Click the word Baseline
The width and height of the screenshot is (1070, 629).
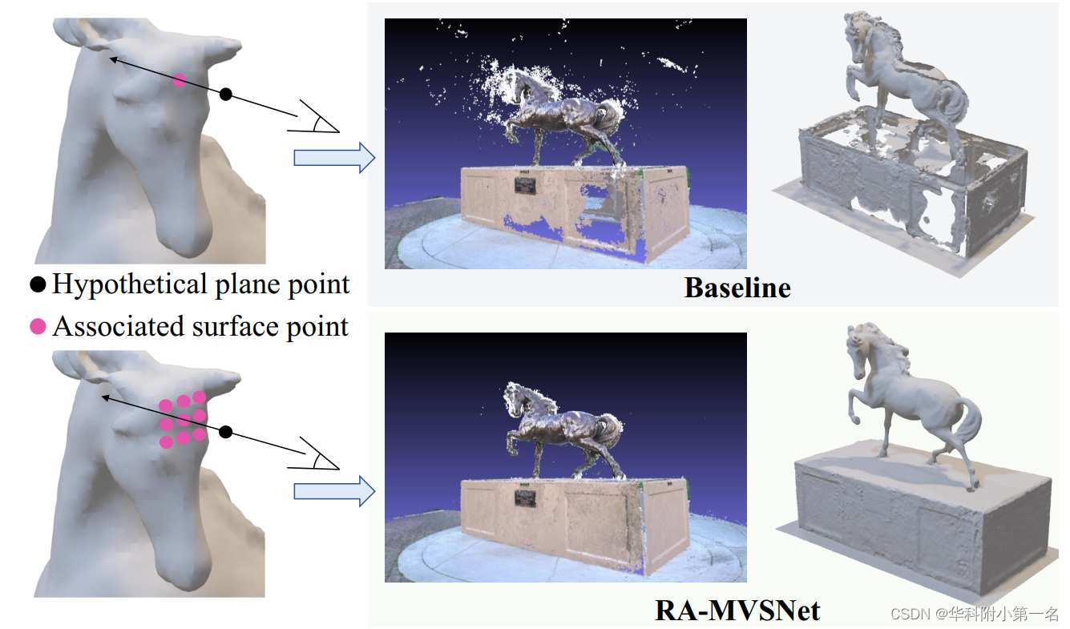(x=737, y=288)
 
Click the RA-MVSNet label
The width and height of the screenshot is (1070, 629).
(x=737, y=611)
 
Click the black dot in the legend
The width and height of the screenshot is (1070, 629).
(x=38, y=284)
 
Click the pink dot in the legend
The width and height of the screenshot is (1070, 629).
(x=38, y=327)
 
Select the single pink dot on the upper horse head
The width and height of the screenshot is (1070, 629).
(x=180, y=80)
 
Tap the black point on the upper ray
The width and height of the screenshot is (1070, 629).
(x=226, y=95)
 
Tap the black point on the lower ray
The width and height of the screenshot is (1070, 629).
(x=226, y=433)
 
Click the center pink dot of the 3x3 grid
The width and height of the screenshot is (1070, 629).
(x=184, y=420)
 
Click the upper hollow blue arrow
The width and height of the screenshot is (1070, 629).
(x=334, y=157)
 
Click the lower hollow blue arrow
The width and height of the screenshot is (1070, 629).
(x=334, y=490)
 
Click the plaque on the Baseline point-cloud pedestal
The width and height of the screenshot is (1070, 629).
(x=526, y=186)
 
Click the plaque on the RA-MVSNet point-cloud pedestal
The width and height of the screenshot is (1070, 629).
(x=526, y=498)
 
